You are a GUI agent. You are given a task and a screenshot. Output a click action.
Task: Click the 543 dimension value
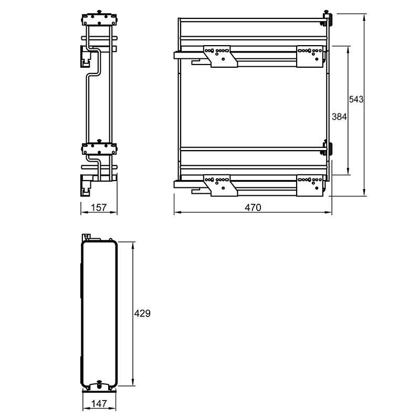(x=356, y=99)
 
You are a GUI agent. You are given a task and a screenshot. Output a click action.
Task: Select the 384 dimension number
(x=339, y=117)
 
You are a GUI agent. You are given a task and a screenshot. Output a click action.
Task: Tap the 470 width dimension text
(x=253, y=207)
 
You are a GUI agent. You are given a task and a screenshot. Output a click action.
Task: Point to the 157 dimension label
(x=99, y=207)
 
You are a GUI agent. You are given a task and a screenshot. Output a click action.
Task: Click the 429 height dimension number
(x=142, y=313)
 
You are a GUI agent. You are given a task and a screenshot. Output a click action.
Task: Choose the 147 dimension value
(x=99, y=404)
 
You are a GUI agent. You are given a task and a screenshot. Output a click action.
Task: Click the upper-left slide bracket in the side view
(x=220, y=56)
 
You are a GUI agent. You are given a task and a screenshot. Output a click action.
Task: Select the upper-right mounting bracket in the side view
(x=310, y=56)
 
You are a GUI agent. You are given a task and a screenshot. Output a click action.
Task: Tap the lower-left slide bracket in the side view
(x=220, y=185)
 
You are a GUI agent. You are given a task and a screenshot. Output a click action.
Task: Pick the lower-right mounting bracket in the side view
(x=310, y=185)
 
